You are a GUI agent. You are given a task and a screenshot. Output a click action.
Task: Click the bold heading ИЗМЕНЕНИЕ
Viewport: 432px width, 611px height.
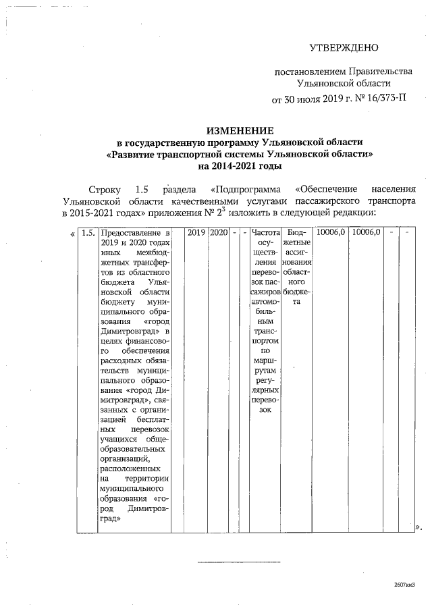click(239, 130)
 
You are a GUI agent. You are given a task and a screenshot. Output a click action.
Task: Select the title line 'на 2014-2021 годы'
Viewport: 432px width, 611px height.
click(239, 165)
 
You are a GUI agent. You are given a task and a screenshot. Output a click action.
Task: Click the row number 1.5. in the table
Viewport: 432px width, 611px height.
click(86, 232)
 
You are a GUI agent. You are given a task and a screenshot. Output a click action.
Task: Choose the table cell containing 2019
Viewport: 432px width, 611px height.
click(196, 232)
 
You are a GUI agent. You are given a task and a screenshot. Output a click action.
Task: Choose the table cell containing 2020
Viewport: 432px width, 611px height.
click(218, 232)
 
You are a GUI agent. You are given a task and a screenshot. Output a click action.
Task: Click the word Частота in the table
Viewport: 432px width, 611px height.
click(264, 232)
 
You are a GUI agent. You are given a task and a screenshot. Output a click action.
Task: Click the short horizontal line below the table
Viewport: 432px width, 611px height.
click(238, 561)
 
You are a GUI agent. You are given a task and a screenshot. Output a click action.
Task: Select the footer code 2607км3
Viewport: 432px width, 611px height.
click(403, 585)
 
